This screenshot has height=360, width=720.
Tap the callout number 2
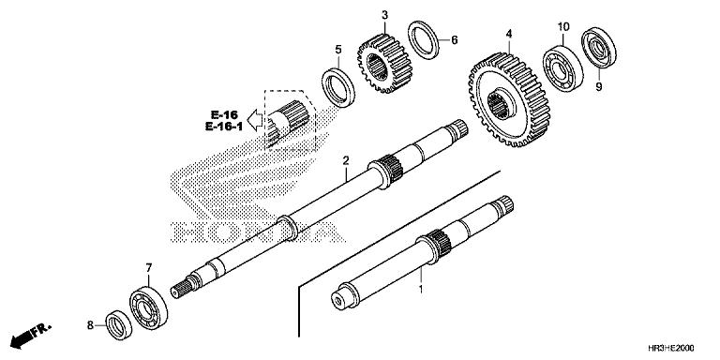346,159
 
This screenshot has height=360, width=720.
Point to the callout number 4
508,34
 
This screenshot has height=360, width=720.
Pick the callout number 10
563,25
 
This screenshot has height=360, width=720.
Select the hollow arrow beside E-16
250,120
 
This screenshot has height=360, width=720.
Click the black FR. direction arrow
28,335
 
